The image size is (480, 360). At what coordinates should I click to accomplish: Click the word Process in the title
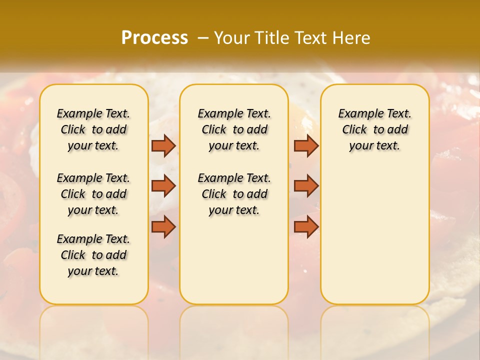(x=154, y=37)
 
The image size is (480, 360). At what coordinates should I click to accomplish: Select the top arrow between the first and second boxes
(x=163, y=145)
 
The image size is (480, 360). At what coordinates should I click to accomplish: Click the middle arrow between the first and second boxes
(x=163, y=186)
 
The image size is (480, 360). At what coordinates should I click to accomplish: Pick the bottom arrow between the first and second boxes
(x=163, y=227)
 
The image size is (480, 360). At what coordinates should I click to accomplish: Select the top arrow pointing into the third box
(x=306, y=145)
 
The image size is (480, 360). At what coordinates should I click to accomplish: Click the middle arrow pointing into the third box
(x=306, y=186)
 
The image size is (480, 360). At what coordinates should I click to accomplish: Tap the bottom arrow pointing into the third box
(x=306, y=227)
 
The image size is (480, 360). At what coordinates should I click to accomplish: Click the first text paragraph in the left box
(x=93, y=129)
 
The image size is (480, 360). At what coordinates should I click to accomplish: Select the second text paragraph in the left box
(x=93, y=194)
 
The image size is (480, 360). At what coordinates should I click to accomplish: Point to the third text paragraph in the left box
(x=93, y=255)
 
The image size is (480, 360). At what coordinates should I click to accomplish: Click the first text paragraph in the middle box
(x=234, y=129)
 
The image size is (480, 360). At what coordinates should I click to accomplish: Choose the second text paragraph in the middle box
(x=234, y=194)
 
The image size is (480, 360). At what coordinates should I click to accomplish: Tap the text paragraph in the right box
(x=374, y=129)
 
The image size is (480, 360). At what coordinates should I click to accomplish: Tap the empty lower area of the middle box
(x=234, y=260)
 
